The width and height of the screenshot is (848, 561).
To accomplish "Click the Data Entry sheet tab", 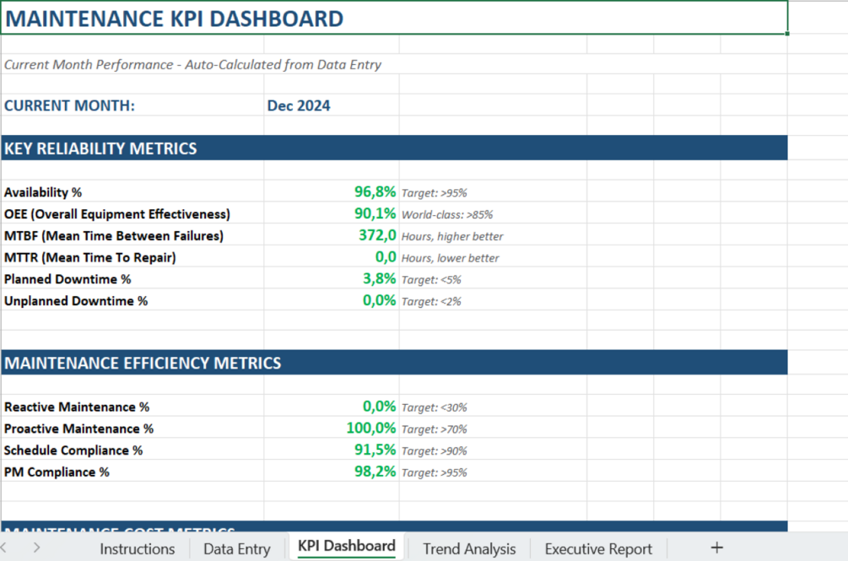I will coord(236,548).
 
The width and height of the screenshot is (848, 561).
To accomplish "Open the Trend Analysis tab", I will coord(468,548).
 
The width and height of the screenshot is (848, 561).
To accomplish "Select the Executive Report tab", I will coord(598,548).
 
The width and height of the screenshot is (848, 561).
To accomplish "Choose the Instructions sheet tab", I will coord(137,548).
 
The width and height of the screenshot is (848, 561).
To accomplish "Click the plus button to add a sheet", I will coord(717,548).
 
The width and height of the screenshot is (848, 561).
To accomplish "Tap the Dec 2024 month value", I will coord(299,105).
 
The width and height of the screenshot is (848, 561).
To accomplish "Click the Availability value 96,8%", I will coord(375,192).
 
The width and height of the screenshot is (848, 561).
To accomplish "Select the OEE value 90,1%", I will coord(375,214).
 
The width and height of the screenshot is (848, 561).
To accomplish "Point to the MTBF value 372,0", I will coord(377,236).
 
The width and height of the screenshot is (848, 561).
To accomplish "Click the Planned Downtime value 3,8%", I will coord(379,279).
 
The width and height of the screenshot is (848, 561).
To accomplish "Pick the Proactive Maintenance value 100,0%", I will coord(370,429).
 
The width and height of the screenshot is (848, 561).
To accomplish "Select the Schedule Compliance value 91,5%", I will coord(375,450).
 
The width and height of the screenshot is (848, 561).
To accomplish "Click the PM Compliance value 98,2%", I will coord(375,472).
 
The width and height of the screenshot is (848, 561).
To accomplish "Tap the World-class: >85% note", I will coord(447,215).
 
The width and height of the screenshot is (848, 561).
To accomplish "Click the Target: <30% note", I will coord(434,407).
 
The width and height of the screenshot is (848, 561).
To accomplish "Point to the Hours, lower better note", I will coord(450,258).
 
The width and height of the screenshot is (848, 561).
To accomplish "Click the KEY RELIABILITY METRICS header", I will coord(100,148).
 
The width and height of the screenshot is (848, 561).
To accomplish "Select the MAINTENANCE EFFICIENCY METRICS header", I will coord(143,363).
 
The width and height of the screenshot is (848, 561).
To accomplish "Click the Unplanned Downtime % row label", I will coord(76,301).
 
